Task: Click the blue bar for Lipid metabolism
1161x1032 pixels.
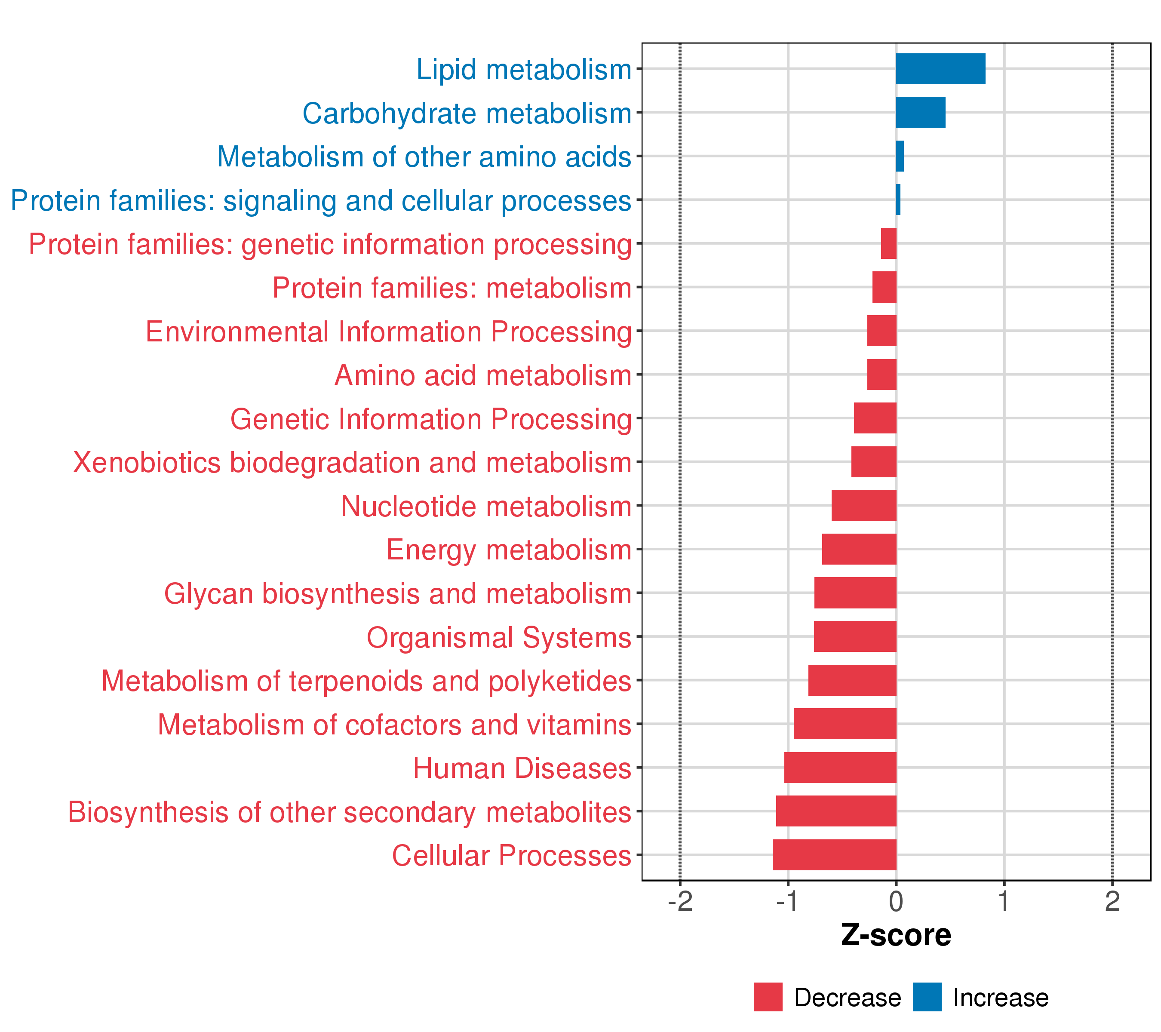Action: click(x=940, y=69)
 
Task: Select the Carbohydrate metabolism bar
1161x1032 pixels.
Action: click(x=921, y=113)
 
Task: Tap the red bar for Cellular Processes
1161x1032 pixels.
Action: click(x=834, y=855)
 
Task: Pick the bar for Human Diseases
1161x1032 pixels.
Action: click(x=841, y=767)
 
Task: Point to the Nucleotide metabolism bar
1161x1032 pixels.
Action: click(x=864, y=506)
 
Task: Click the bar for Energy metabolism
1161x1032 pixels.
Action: click(x=860, y=549)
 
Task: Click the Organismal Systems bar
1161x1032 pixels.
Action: click(x=855, y=637)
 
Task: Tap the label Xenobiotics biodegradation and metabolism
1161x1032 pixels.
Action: click(x=352, y=463)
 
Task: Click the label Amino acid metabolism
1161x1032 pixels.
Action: click(x=483, y=375)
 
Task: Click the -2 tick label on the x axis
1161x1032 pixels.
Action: click(x=680, y=901)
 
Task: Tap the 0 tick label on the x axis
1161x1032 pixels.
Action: click(x=896, y=901)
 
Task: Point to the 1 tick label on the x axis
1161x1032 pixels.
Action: click(x=1004, y=901)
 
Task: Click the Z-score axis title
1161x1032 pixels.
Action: click(x=896, y=935)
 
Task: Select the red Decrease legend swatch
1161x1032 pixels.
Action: click(x=768, y=997)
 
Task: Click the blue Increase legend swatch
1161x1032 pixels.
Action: click(x=928, y=997)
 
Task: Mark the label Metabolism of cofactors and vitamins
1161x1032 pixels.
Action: click(x=395, y=725)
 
